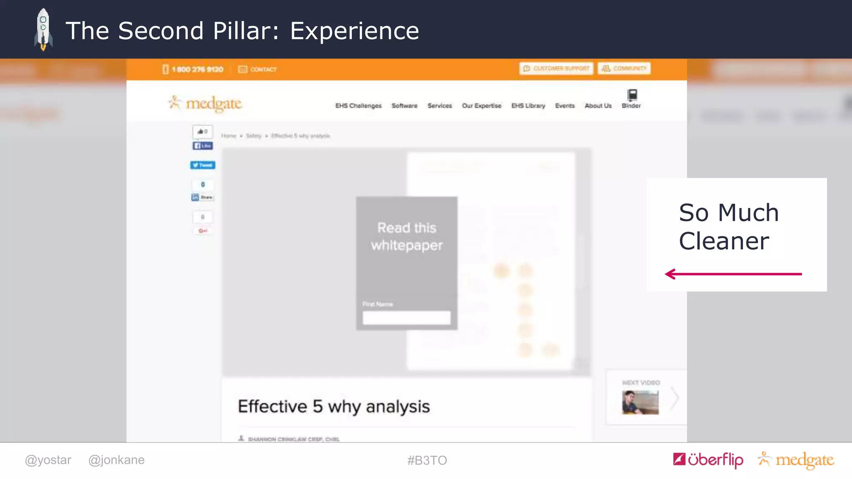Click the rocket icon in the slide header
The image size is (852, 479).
tap(43, 30)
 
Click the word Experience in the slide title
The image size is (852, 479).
tap(354, 31)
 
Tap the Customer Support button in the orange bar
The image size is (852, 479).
tap(556, 68)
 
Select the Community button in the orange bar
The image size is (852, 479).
tap(624, 68)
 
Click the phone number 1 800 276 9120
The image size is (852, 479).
tap(197, 69)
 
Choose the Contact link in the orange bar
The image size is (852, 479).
tap(258, 69)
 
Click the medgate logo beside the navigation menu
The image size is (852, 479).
tap(206, 104)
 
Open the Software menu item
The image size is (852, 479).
tap(404, 106)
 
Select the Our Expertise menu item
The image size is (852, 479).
tap(481, 106)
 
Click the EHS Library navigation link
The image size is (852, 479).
tap(528, 106)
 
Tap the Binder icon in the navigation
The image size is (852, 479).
tap(632, 96)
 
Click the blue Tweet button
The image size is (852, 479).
tap(203, 165)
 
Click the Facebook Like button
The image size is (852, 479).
tap(203, 146)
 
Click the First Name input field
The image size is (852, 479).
tap(406, 318)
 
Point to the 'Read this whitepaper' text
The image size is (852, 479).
tap(406, 236)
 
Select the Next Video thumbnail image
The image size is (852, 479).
tap(640, 402)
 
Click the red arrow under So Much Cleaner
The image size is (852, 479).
tap(733, 274)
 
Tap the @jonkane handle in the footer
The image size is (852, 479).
tap(116, 460)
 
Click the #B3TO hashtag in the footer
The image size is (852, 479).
tap(427, 460)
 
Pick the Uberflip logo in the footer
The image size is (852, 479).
tap(708, 459)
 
